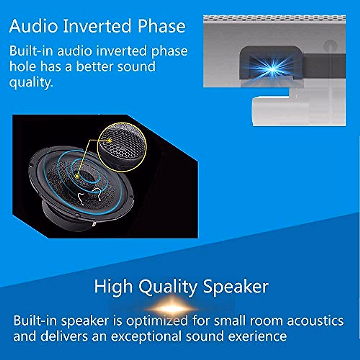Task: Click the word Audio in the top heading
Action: click(33, 26)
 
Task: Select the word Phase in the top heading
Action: click(162, 26)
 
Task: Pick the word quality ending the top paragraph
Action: click(31, 82)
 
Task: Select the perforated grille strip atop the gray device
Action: click(274, 19)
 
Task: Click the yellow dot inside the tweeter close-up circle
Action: click(110, 140)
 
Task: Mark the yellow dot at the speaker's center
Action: click(77, 176)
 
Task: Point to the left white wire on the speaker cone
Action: click(80, 198)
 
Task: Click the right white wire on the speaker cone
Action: click(97, 193)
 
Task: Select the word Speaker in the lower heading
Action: click(235, 286)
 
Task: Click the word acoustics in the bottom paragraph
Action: click(315, 320)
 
